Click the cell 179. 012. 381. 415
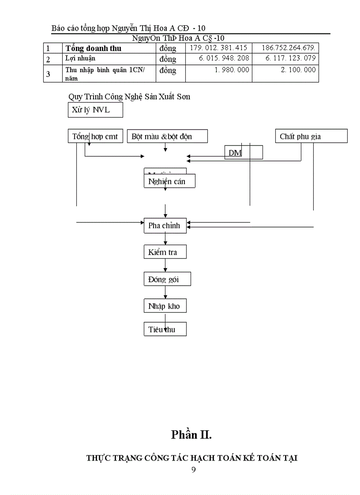(218, 48)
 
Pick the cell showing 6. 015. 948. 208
(218, 58)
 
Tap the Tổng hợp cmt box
(95, 136)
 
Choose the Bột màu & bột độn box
(167, 136)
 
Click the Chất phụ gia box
(311, 136)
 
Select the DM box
(244, 153)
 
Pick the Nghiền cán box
(169, 181)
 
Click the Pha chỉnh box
(165, 226)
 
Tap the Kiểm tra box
(165, 252)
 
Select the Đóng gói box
(165, 279)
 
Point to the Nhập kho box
(165, 306)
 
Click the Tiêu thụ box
(165, 329)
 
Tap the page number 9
(193, 469)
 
